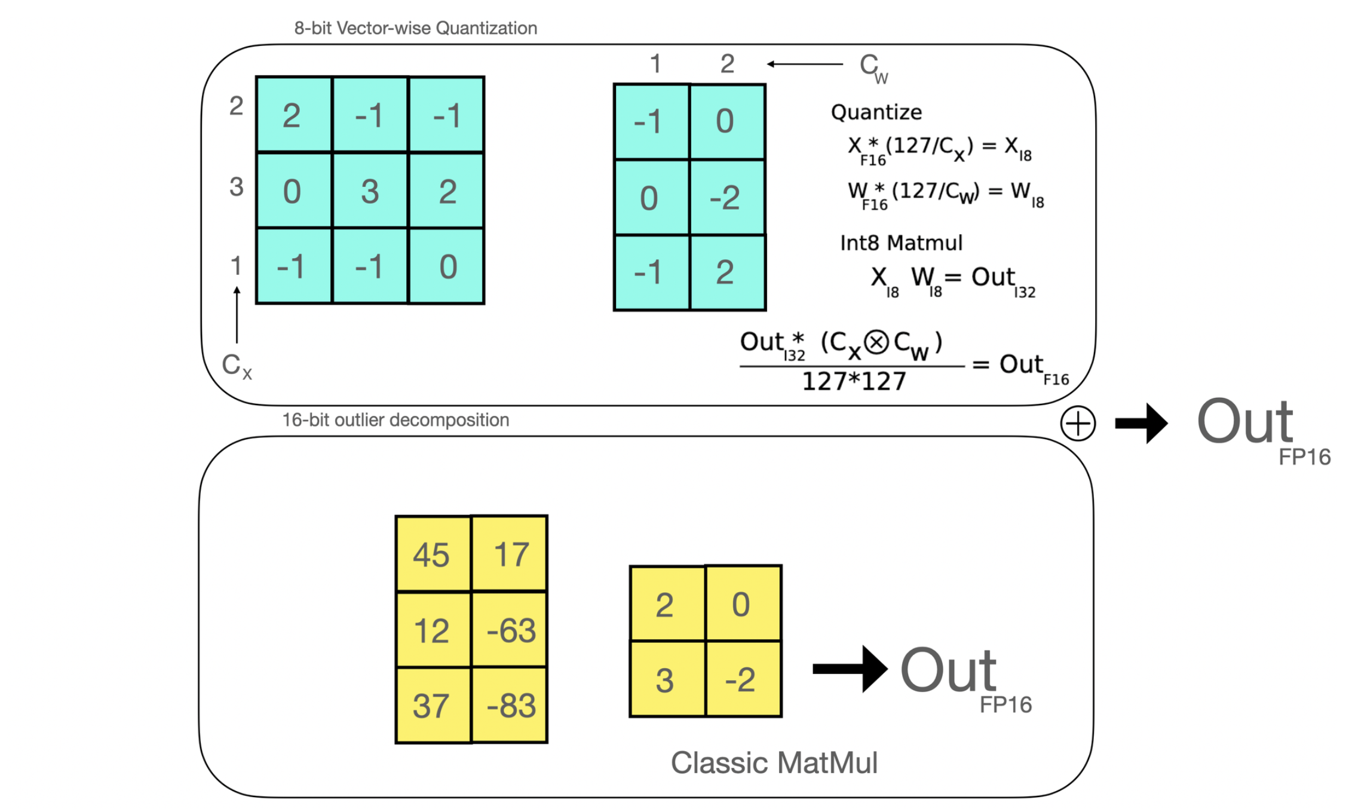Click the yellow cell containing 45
[433, 554]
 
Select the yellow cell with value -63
[510, 629]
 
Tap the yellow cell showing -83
[510, 705]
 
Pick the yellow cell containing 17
[510, 554]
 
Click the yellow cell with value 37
[433, 705]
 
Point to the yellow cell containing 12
[433, 629]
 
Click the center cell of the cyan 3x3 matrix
[370, 191]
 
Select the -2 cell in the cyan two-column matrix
[726, 197]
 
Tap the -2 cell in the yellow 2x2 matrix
[743, 679]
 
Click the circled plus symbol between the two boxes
[1078, 424]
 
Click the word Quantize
[876, 112]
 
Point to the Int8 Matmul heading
[901, 243]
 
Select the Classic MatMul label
[774, 762]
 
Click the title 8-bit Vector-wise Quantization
[415, 28]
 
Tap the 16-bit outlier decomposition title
[395, 420]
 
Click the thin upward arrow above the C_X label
[237, 314]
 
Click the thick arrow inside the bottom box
[850, 669]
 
